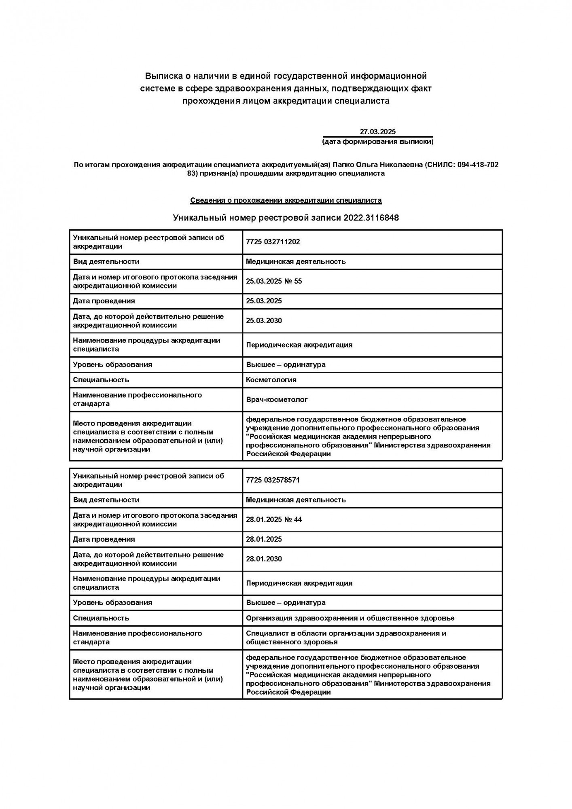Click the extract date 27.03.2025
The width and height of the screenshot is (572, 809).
point(377,131)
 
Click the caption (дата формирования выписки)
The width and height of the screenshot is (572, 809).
point(377,142)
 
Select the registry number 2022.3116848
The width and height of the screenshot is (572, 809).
point(371,218)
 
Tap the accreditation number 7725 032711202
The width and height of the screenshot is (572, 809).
point(273,242)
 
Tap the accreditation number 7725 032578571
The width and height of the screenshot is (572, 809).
point(273,480)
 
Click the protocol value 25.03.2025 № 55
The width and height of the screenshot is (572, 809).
point(273,281)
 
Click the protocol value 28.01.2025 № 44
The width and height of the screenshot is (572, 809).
point(273,519)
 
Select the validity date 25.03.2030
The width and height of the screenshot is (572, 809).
point(264,321)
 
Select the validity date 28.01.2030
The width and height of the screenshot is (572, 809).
point(264,559)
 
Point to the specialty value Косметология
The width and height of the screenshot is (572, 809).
point(271,380)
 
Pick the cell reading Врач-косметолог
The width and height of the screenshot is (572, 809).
point(277,400)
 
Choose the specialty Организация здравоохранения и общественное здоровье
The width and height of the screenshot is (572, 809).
point(350,618)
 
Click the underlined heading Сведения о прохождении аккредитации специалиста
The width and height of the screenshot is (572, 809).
point(286,200)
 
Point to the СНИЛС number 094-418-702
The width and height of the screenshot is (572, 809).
point(478,165)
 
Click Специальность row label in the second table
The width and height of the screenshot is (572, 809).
point(101,618)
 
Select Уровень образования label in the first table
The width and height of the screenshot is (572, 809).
point(112,364)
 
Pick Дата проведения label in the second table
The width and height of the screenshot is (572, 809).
point(104,539)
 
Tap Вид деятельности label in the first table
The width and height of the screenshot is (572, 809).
point(106,261)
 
